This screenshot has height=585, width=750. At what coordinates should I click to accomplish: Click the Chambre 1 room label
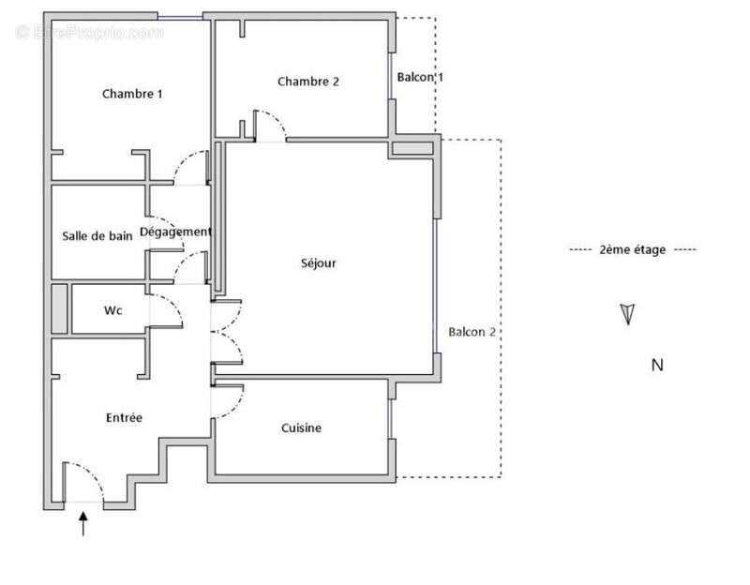[132, 94]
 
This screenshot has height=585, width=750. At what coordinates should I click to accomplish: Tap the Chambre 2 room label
[307, 82]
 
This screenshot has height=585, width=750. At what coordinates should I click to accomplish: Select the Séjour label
[320, 263]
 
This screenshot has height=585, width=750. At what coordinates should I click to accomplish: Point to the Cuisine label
[301, 428]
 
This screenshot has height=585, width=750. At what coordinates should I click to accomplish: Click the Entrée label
[124, 417]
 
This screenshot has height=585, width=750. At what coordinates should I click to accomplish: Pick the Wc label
[112, 310]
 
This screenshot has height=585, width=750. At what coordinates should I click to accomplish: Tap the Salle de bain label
[97, 236]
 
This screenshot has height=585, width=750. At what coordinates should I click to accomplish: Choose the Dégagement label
[175, 232]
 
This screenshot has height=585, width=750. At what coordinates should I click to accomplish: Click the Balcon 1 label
[419, 78]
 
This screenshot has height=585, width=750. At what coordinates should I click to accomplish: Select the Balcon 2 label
[472, 332]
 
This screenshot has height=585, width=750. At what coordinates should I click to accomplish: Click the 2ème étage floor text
[633, 249]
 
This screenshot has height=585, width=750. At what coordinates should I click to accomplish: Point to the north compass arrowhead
[627, 314]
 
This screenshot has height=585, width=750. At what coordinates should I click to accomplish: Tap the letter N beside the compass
[657, 366]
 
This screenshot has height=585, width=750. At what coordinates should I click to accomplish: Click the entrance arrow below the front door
[83, 523]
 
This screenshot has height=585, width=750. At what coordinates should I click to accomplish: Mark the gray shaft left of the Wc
[60, 308]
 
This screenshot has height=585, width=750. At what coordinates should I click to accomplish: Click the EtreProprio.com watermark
[90, 33]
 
